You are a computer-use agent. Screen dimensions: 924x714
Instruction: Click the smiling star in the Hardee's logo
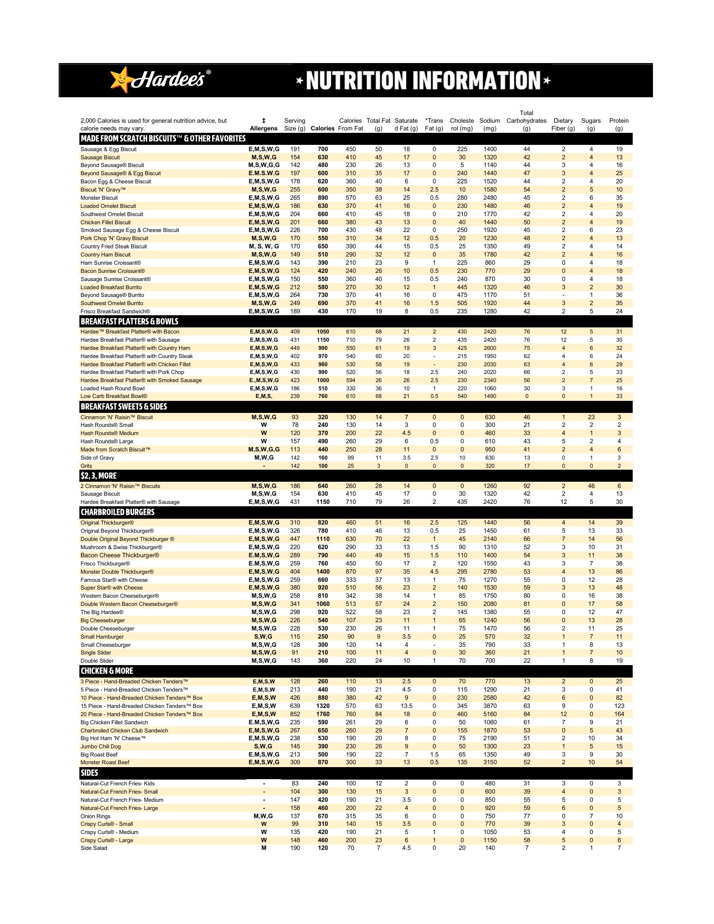(121, 79)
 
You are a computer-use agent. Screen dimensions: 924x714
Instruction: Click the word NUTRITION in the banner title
(357, 80)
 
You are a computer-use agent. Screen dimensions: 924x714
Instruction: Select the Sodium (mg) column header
(489, 125)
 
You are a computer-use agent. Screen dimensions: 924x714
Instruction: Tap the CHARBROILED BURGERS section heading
(117, 512)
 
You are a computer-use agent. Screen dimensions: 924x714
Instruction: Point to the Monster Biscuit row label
(99, 198)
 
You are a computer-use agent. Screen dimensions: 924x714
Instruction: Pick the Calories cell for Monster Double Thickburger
(323, 572)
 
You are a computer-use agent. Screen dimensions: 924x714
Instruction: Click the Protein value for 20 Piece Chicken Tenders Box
(619, 714)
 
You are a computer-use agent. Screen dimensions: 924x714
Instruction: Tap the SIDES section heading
(89, 773)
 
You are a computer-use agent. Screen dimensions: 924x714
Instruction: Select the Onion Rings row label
(95, 816)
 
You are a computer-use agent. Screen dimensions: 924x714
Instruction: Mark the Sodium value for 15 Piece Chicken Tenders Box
(490, 706)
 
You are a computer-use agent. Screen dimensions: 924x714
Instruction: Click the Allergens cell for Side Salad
(264, 848)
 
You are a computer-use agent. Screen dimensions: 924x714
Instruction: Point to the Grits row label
(86, 466)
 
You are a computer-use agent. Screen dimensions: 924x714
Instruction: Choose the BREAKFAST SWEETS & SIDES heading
(124, 407)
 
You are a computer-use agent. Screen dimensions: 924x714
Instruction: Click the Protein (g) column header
(619, 125)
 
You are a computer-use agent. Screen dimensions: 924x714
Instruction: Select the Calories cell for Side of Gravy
(323, 458)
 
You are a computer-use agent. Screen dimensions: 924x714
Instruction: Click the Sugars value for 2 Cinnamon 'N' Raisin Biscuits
(591, 486)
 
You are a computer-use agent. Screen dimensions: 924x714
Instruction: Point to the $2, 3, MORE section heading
(99, 475)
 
